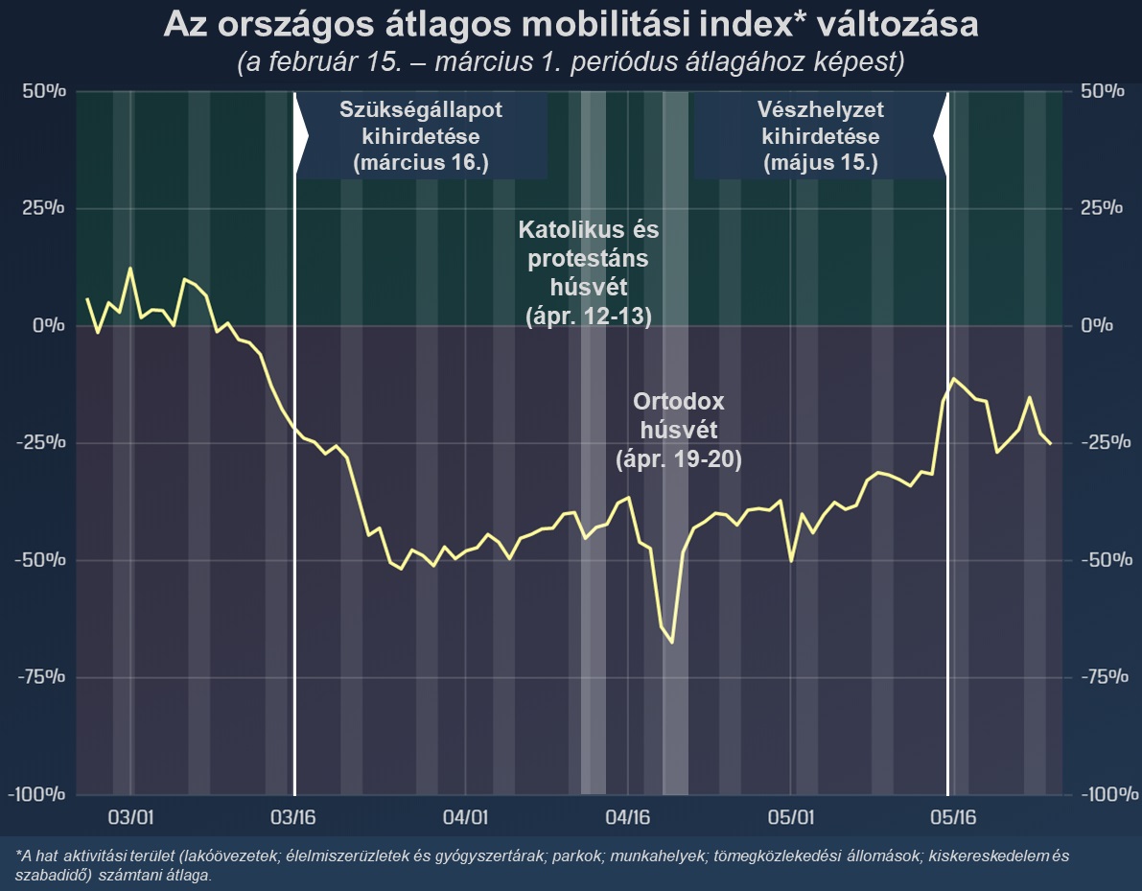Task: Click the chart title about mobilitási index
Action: tap(571, 25)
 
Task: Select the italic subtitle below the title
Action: tap(571, 62)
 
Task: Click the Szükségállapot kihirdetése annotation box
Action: tap(421, 135)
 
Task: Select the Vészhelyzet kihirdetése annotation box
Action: tap(820, 135)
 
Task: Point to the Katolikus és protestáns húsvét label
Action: tap(589, 273)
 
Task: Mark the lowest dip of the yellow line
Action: tap(672, 643)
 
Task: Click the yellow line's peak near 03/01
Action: tap(130, 270)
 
